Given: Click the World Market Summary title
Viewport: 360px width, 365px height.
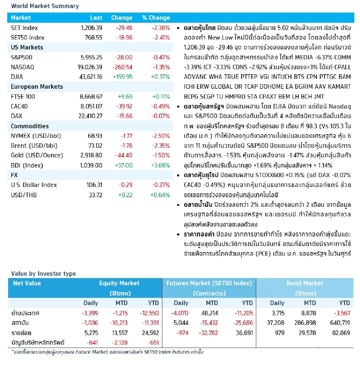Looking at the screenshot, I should (45, 6).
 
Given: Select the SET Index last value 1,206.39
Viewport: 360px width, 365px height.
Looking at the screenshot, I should (91, 28).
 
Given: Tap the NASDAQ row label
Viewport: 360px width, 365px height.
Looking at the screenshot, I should (22, 67).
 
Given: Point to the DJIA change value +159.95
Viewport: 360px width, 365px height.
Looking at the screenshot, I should (122, 77).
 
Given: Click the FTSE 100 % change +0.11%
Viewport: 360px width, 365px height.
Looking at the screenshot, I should (161, 96).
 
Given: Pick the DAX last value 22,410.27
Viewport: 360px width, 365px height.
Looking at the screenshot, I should (90, 116).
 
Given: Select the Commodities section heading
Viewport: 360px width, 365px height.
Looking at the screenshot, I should (30, 126).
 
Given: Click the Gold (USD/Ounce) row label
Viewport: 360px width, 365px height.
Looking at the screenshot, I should (37, 155).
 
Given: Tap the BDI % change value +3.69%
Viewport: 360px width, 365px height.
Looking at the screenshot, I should (160, 165).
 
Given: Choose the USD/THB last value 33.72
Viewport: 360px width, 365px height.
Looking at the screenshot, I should (95, 195).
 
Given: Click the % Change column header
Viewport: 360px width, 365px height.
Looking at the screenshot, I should (156, 18).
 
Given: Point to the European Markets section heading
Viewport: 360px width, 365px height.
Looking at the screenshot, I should (37, 87).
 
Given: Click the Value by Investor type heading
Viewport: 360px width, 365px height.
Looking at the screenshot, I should (43, 274).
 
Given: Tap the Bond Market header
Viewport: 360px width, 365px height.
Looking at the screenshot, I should (305, 283).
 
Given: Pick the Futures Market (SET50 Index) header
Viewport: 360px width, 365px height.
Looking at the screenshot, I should (209, 283).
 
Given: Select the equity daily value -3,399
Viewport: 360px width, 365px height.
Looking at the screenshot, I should (90, 313).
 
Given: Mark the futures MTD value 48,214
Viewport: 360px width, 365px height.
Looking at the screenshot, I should (209, 313).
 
